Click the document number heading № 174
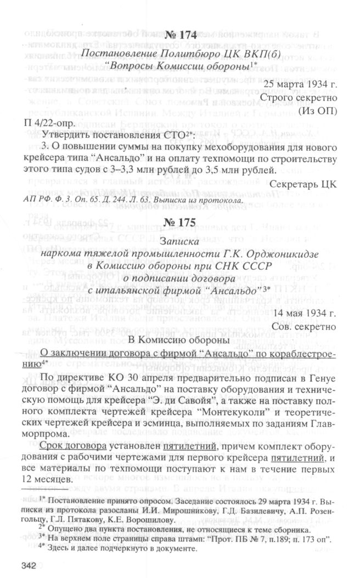click(x=181, y=36)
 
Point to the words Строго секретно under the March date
click(x=317, y=97)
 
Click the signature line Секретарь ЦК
click(x=318, y=182)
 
